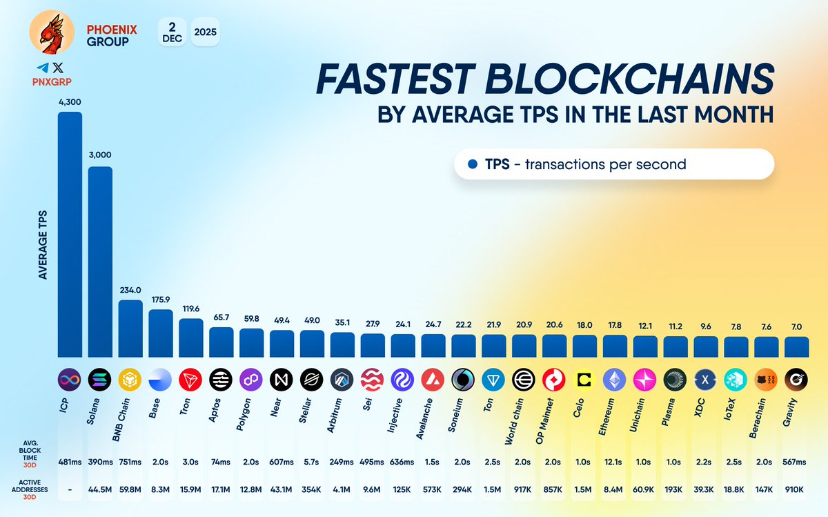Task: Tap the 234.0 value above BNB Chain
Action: [130, 291]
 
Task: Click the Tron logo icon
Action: [190, 379]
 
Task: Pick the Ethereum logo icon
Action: [615, 379]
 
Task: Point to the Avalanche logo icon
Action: [433, 379]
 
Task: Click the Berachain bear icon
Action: [766, 379]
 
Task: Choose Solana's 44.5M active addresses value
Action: [100, 489]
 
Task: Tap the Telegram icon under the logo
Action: [43, 68]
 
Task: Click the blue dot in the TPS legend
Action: [473, 164]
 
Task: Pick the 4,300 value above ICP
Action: [70, 102]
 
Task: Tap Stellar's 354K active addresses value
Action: [312, 489]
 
